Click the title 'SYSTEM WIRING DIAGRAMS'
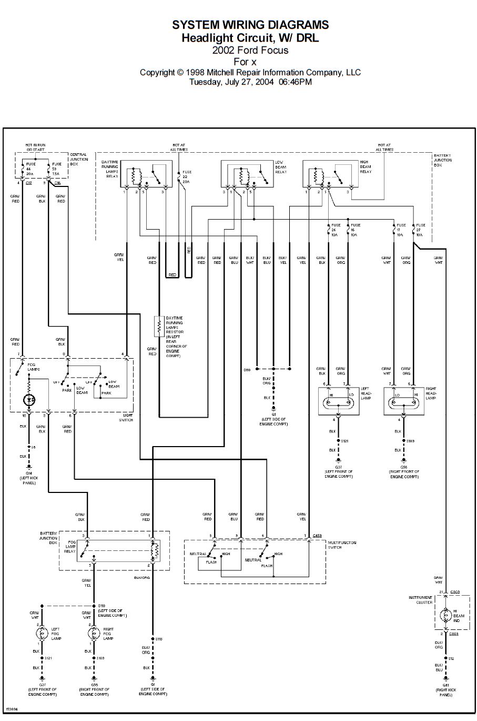[x=250, y=25]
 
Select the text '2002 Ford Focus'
[x=250, y=51]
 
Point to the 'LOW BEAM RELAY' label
[x=281, y=167]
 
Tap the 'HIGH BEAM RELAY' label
[x=366, y=167]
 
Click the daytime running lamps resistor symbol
[x=157, y=327]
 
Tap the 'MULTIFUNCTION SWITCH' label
[x=342, y=545]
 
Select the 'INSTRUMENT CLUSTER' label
[x=421, y=600]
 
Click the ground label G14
[x=29, y=473]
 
